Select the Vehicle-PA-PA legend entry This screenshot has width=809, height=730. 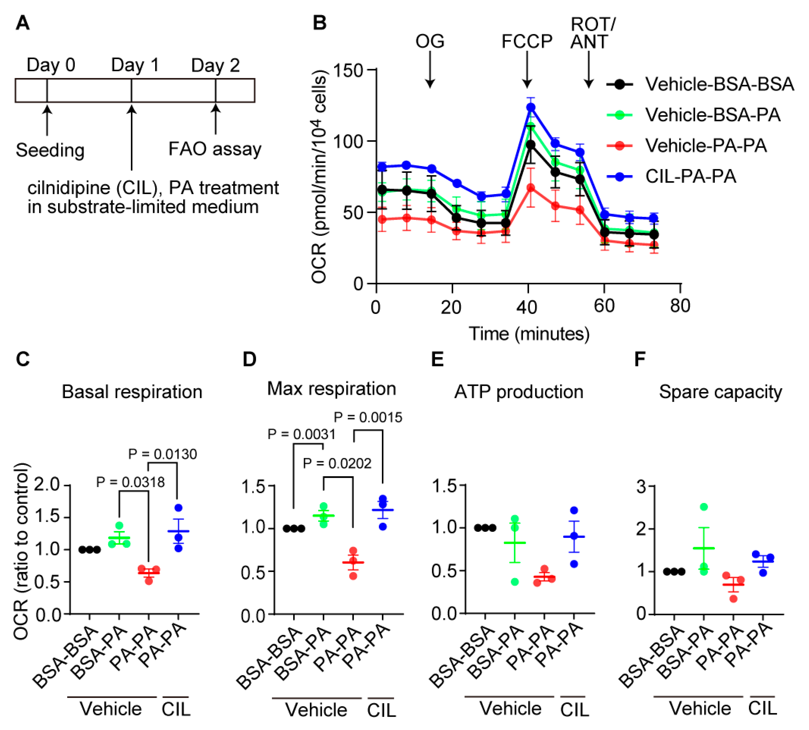705,146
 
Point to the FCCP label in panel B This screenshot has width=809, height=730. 527,41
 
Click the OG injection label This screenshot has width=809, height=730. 430,41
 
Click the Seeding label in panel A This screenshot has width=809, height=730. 50,150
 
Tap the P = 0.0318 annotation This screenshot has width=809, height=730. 130,482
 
